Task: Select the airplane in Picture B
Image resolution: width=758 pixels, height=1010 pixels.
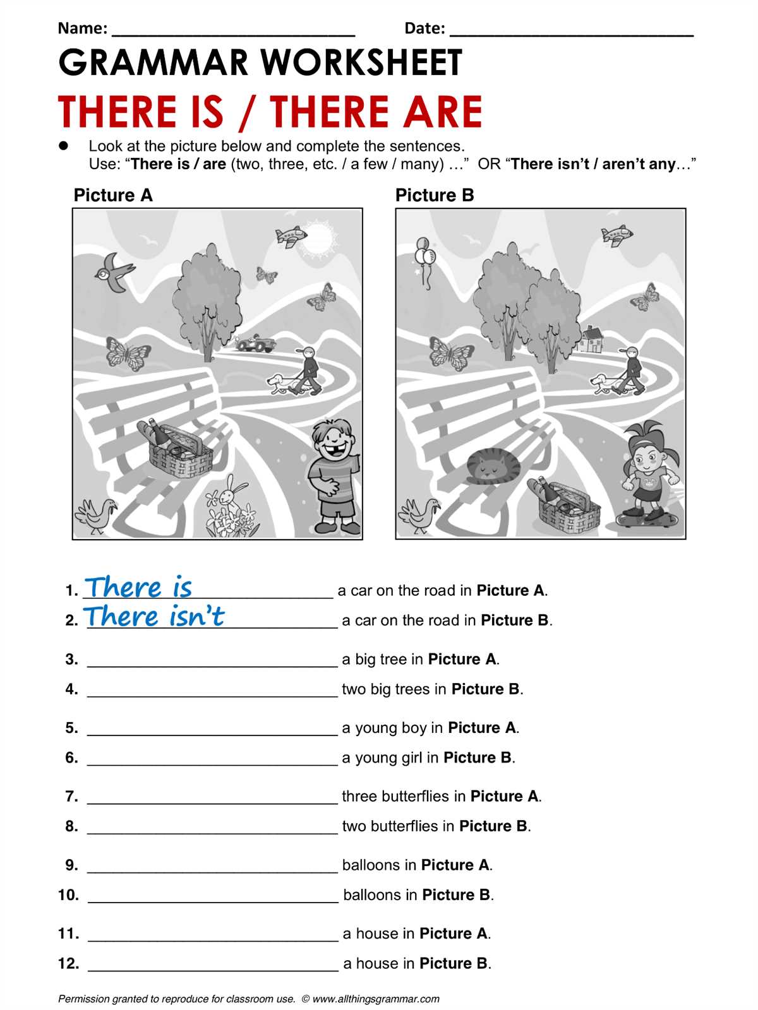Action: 617,235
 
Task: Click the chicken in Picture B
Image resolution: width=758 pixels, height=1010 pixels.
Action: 419,515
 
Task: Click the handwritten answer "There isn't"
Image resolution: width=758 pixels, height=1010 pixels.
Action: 153,616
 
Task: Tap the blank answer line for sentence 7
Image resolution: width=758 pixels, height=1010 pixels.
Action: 212,804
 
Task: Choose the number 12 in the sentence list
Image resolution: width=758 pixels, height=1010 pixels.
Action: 68,963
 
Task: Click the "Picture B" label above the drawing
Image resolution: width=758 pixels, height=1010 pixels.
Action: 435,195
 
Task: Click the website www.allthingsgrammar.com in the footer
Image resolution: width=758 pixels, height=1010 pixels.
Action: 376,999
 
